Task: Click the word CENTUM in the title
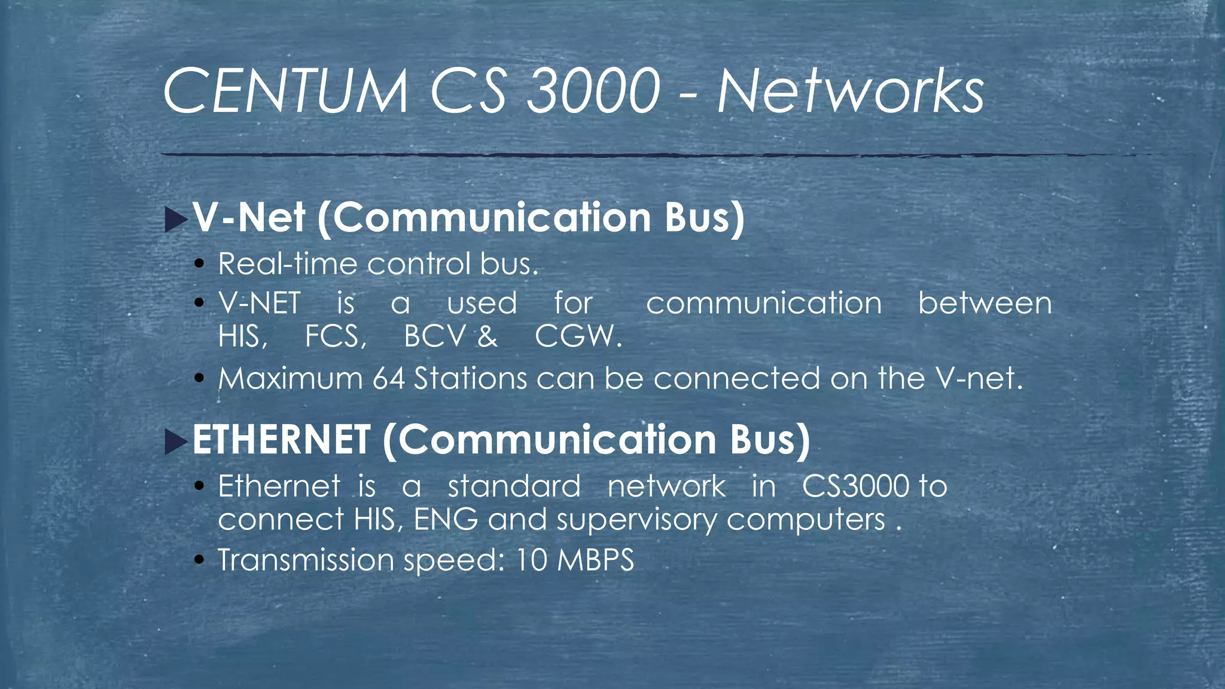[x=285, y=92]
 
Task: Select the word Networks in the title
[x=850, y=92]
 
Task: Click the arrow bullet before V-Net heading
[x=175, y=219]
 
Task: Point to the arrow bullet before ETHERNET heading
[x=175, y=441]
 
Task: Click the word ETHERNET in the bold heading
[x=281, y=440]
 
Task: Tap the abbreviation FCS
[x=335, y=336]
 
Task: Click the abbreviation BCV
[x=434, y=336]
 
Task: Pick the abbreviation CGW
[x=578, y=336]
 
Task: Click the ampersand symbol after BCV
[x=487, y=336]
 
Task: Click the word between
[x=985, y=303]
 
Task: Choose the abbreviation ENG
[x=446, y=519]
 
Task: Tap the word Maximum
[x=290, y=379]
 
